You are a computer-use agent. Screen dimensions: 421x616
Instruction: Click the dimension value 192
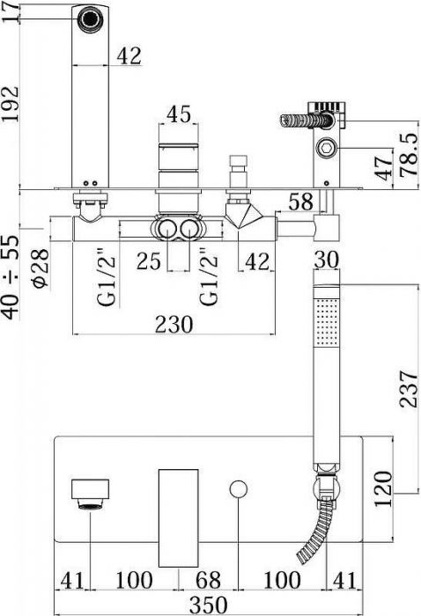(11, 104)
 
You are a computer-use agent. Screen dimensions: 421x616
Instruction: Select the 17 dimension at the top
(11, 12)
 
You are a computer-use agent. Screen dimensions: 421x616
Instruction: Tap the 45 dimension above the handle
(179, 114)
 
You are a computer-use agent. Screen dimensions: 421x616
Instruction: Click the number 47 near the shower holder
(384, 168)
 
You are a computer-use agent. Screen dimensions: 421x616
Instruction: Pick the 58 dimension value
(301, 202)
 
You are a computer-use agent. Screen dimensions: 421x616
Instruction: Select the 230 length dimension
(174, 324)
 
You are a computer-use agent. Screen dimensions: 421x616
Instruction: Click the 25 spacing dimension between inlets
(149, 261)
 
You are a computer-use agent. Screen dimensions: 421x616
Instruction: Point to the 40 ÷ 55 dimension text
(11, 277)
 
